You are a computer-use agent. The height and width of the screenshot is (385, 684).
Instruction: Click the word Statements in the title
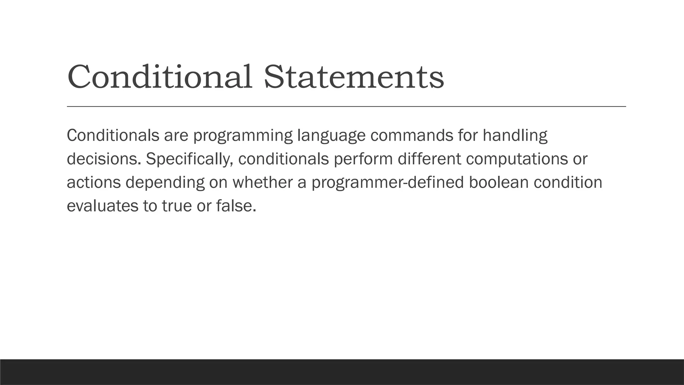(x=354, y=77)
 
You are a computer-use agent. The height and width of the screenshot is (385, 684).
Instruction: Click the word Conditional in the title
(x=160, y=77)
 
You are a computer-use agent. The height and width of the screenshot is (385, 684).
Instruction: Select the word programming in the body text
(x=243, y=136)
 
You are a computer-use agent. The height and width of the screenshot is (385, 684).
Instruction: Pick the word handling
(x=515, y=136)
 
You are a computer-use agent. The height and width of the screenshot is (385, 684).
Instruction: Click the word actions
(x=94, y=182)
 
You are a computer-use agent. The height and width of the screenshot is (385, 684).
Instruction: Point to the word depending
(x=165, y=183)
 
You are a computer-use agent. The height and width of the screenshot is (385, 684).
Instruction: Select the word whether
(x=263, y=182)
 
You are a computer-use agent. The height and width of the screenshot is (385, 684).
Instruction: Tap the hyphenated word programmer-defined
(x=388, y=183)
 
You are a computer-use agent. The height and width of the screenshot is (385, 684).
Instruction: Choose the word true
(x=177, y=206)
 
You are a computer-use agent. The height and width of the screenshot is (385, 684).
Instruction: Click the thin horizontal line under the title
(x=346, y=107)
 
